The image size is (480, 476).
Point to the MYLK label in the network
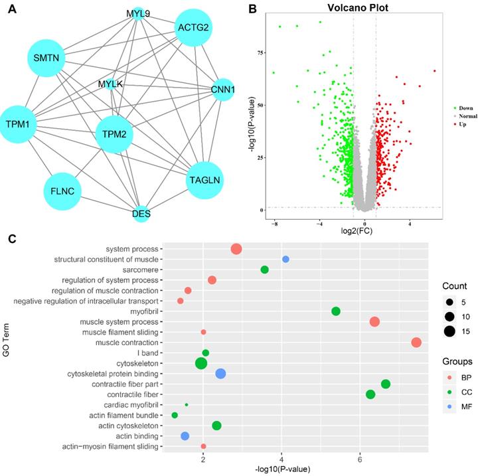pos(110,84)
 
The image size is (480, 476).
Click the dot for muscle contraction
pos(416,343)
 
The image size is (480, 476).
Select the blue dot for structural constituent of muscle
pos(285,259)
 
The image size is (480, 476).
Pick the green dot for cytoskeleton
pos(200,363)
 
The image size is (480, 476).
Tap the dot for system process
pos(236,249)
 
